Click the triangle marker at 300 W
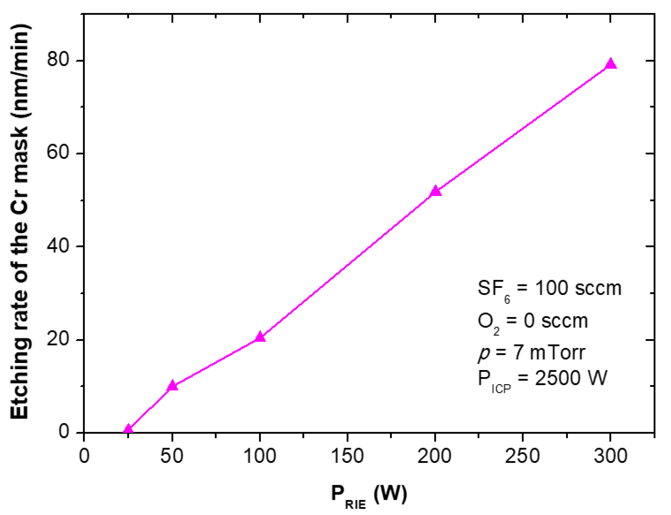point(610,64)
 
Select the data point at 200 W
point(435,191)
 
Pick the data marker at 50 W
point(172,385)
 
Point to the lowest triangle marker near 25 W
point(128,429)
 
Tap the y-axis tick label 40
point(58,245)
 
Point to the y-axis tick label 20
point(58,339)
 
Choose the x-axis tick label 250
point(522,456)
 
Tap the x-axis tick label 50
point(172,456)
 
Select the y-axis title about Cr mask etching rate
point(20,221)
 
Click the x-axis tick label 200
point(435,456)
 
